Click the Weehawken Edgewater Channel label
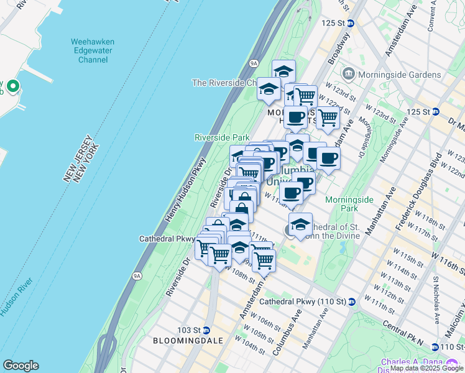click(x=93, y=51)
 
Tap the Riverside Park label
click(x=222, y=137)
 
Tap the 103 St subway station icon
click(x=206, y=329)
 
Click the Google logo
click(x=21, y=366)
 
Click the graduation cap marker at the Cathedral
click(x=300, y=225)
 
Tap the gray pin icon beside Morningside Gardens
click(x=348, y=75)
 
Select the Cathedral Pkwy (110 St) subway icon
click(x=351, y=302)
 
